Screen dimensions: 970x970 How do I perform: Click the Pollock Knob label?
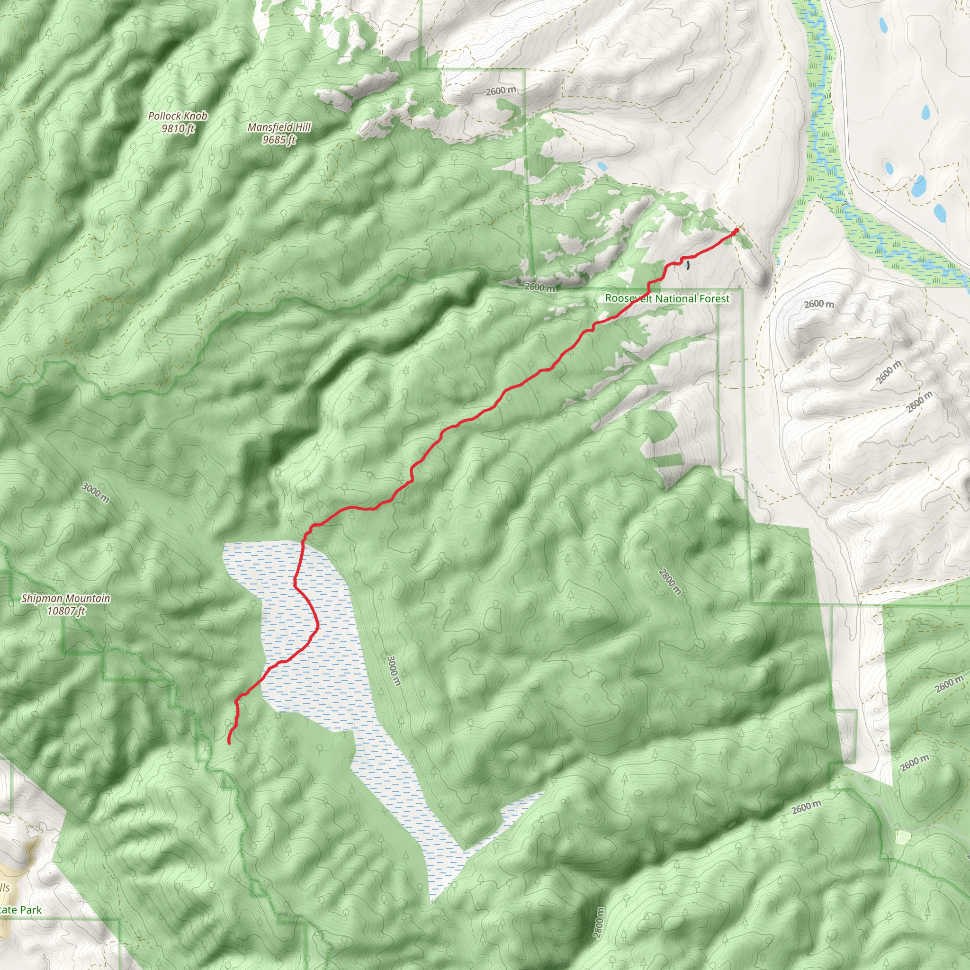177,116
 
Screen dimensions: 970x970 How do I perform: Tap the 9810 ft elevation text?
177,128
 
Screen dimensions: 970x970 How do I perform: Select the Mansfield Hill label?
279,127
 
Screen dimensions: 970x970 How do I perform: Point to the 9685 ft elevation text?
279,140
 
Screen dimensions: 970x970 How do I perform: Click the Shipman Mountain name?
65,599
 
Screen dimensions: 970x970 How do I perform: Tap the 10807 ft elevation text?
65,611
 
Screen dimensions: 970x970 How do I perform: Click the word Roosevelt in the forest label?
628,298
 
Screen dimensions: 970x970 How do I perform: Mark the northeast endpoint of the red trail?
736,231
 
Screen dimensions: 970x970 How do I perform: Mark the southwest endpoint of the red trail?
229,743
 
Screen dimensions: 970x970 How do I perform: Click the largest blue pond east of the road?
919,187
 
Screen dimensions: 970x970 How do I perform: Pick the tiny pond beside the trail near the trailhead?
688,264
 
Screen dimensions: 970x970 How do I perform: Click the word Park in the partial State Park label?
30,910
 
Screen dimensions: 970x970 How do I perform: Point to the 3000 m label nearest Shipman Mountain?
95,492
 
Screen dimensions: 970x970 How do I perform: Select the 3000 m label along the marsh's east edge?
394,670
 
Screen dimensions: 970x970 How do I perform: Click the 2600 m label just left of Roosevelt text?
540,287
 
